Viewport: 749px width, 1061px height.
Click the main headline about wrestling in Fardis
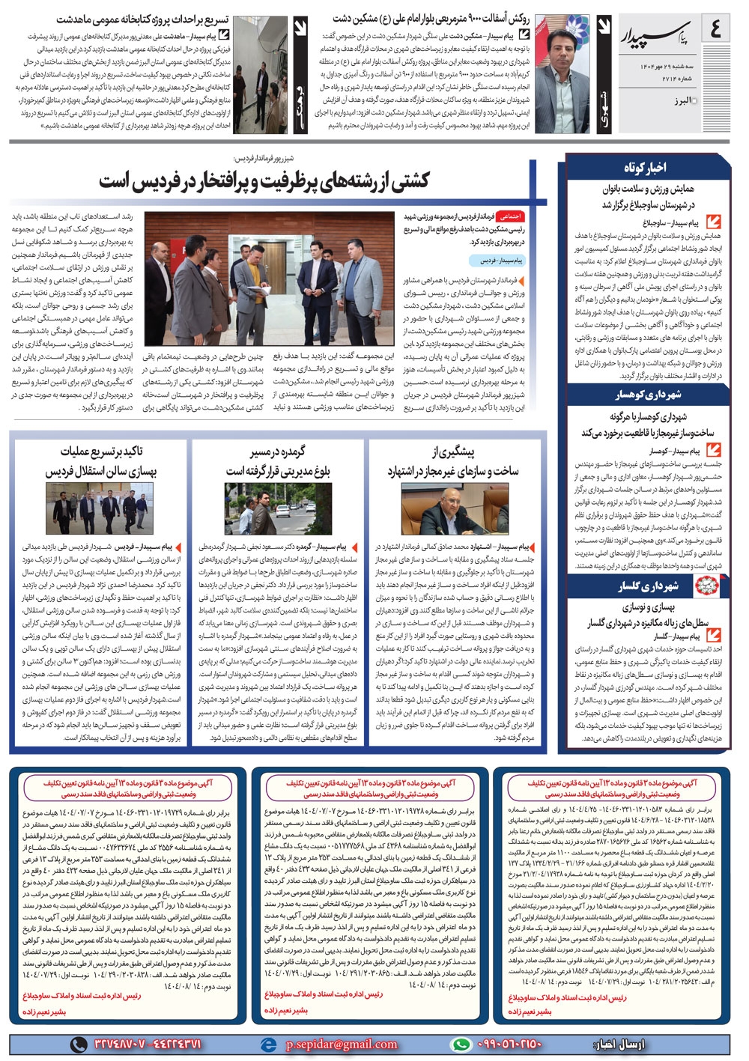click(264, 181)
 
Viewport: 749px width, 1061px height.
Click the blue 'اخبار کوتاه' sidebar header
click(645, 167)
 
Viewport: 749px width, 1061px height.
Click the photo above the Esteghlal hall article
click(100, 509)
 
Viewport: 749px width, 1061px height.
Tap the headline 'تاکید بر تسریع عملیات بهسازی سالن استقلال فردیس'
click(100, 462)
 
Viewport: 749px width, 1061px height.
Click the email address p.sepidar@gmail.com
click(342, 1044)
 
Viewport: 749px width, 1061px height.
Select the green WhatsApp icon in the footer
click(460, 1044)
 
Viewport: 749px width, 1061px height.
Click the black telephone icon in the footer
click(79, 1044)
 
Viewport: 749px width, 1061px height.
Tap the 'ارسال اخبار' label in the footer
click(619, 1044)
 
